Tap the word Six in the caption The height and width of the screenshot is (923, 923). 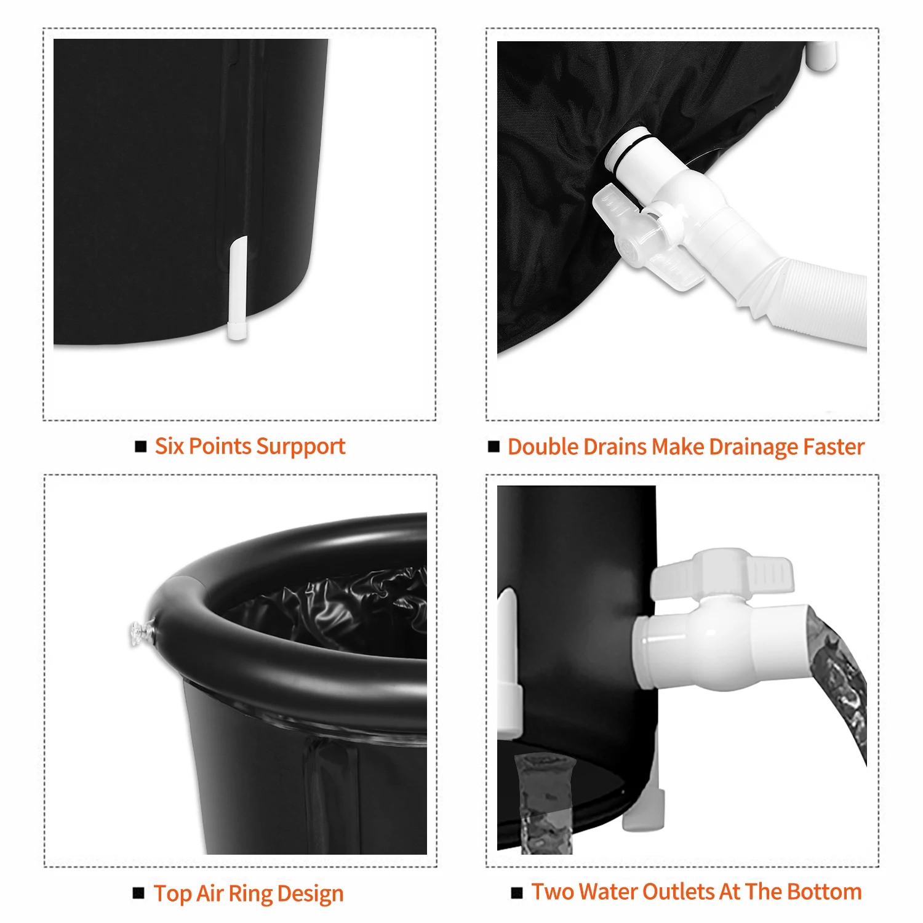169,446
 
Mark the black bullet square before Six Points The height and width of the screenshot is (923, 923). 141,446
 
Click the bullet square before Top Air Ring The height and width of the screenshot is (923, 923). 139,893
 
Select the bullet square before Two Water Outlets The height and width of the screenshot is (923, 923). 517,892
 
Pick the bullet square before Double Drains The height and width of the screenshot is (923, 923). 494,446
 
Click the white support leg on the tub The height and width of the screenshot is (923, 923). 238,289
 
